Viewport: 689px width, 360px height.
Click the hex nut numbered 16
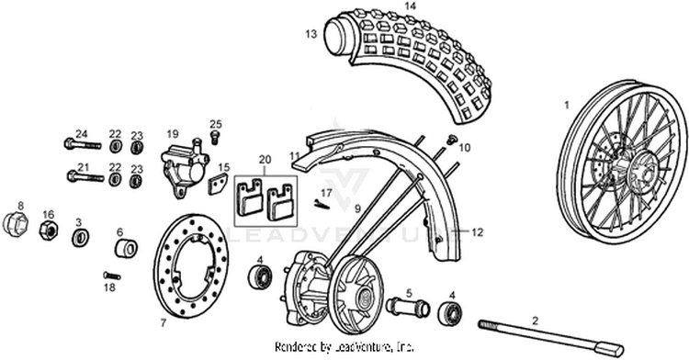pyautogui.click(x=49, y=230)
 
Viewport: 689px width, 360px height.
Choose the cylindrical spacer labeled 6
pyautogui.click(x=126, y=249)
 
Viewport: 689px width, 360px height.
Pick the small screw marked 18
pyautogui.click(x=112, y=276)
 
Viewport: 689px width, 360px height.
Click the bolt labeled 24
pyautogui.click(x=83, y=143)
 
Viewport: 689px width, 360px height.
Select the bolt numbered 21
pyautogui.click(x=85, y=177)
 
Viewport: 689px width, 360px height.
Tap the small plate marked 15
pyautogui.click(x=218, y=184)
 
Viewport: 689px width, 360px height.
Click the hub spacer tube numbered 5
pyautogui.click(x=408, y=307)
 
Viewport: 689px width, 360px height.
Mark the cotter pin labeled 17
pyautogui.click(x=322, y=204)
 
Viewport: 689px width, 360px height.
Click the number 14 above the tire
pyautogui.click(x=410, y=6)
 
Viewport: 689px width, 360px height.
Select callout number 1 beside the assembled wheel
pyautogui.click(x=567, y=105)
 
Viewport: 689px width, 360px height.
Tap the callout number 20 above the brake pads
pyautogui.click(x=265, y=160)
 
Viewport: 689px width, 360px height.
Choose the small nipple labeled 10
pyautogui.click(x=451, y=139)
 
